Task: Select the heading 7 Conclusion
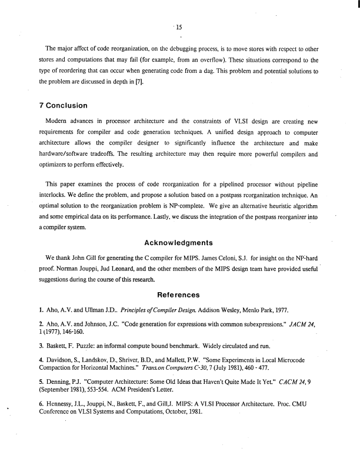pos(66,106)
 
